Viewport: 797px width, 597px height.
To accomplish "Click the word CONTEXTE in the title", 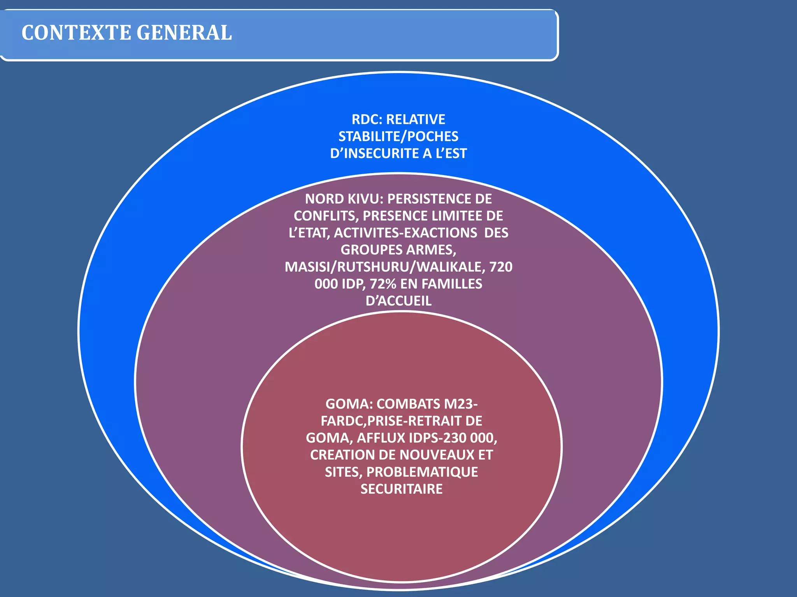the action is click(x=76, y=33).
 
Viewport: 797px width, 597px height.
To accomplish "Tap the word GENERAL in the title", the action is click(x=184, y=33).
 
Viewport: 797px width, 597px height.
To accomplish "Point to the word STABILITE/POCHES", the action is click(x=398, y=136).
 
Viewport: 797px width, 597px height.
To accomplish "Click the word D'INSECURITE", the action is click(x=375, y=154).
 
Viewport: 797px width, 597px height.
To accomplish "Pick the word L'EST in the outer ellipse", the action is click(x=451, y=154).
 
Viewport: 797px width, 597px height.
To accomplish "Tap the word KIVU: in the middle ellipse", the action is click(x=364, y=199).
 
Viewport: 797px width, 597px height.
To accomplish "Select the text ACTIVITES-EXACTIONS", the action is click(x=406, y=233).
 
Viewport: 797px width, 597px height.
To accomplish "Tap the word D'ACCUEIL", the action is click(x=398, y=301).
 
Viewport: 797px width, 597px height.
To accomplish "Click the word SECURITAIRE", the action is click(x=402, y=489).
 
